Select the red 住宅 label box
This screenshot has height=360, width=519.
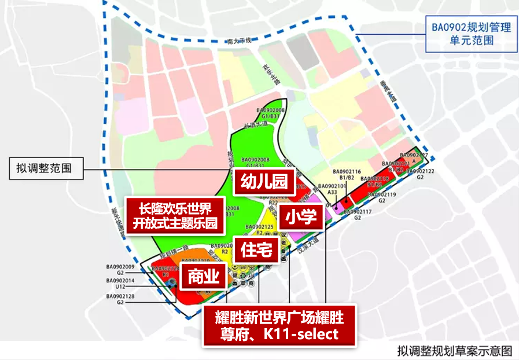pos(252,249)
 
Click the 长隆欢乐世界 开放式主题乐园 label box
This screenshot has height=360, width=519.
pos(174,215)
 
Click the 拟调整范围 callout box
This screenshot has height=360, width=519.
pos(46,169)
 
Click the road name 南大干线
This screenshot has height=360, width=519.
pos(240,41)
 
